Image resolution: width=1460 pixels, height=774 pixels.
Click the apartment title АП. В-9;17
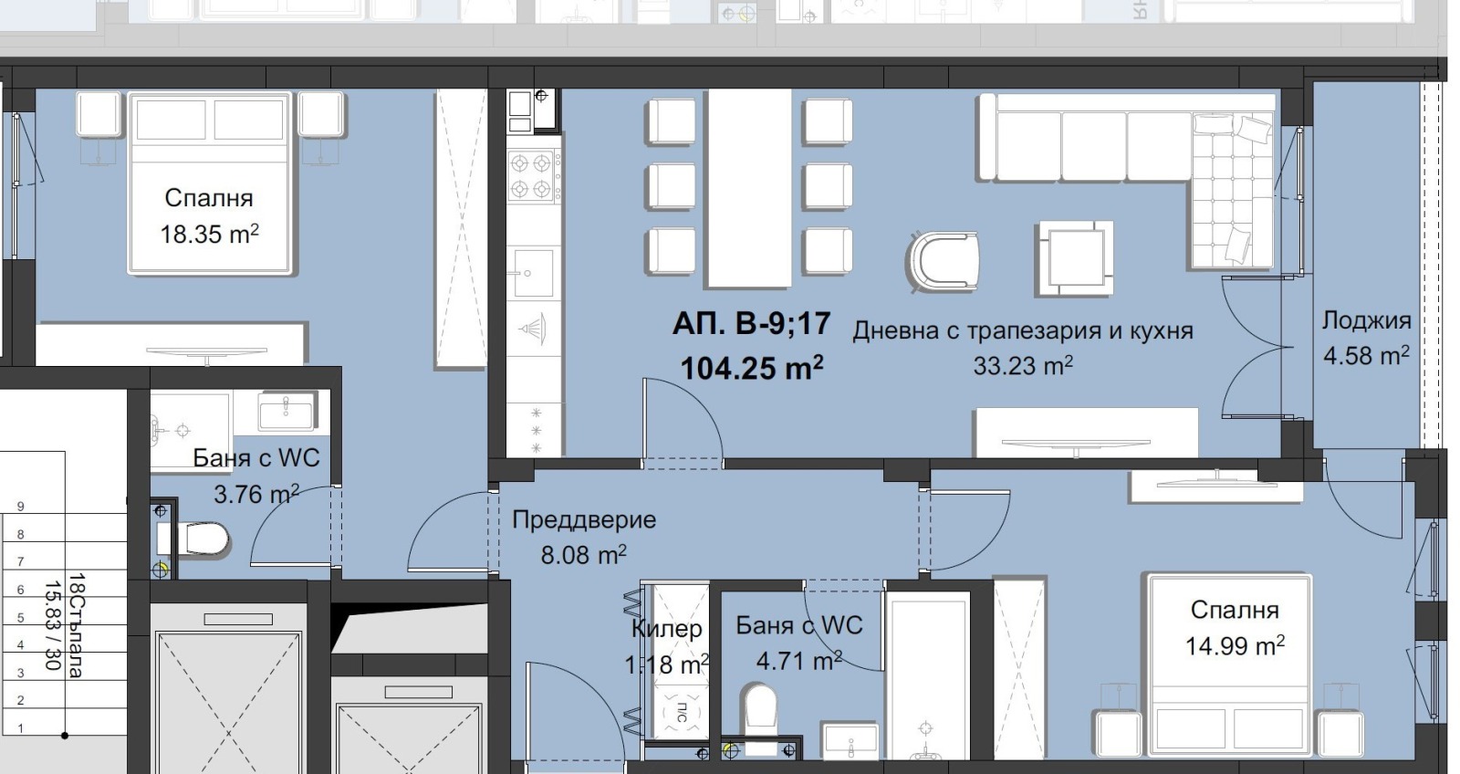click(x=751, y=324)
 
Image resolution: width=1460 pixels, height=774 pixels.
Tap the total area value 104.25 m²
click(x=751, y=368)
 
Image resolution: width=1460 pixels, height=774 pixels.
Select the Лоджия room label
click(x=1366, y=320)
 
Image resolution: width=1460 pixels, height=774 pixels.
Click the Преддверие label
click(x=584, y=520)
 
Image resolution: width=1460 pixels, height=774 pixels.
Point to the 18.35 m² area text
click(x=209, y=235)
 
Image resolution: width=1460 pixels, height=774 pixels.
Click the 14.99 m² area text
click(x=1235, y=646)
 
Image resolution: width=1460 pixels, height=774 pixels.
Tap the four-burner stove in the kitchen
click(x=531, y=176)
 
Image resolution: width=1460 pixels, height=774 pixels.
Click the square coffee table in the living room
click(x=1074, y=258)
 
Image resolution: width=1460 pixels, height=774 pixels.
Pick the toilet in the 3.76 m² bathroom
click(x=203, y=539)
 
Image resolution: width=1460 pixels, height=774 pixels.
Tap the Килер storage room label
click(x=667, y=629)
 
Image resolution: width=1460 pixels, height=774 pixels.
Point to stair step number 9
click(x=21, y=507)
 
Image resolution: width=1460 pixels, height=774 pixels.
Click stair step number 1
click(x=21, y=728)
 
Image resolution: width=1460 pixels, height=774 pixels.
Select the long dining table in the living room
click(x=750, y=189)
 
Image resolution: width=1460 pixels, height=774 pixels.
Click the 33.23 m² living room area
click(x=1022, y=366)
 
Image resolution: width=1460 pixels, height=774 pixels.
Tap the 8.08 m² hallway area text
click(x=583, y=555)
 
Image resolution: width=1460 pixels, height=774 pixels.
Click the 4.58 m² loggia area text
click(x=1366, y=355)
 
